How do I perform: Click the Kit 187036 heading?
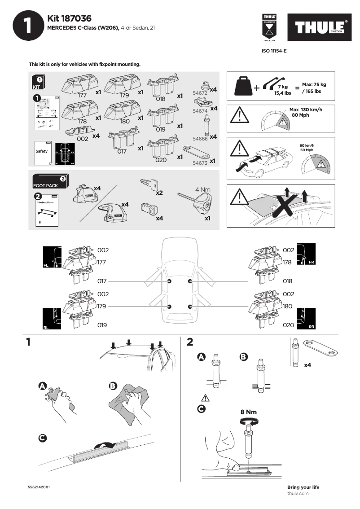click(x=69, y=18)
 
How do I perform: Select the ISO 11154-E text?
click(x=274, y=51)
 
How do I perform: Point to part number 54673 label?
click(x=200, y=163)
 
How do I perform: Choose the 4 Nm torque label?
click(x=202, y=189)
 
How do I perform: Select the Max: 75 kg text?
click(x=314, y=84)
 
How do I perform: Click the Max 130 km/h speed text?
click(x=306, y=110)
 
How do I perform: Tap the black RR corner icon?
click(x=306, y=319)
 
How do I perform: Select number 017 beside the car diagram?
click(x=103, y=281)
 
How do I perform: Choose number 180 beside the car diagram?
click(x=288, y=306)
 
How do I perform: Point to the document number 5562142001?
click(x=39, y=487)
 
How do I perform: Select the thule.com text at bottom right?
click(x=298, y=493)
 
